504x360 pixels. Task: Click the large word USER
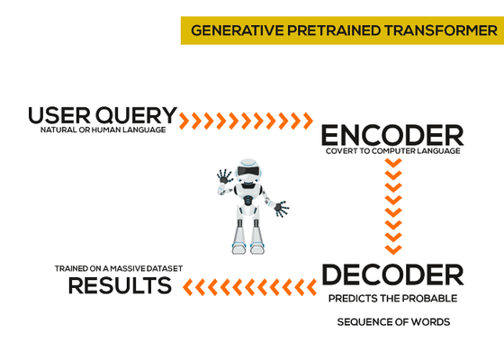(x=59, y=115)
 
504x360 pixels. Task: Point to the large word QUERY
(x=137, y=116)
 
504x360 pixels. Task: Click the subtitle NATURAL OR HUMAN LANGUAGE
(x=103, y=130)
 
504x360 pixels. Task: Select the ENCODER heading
(x=392, y=136)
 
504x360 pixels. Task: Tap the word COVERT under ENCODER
(x=342, y=151)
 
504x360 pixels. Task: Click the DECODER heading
(x=392, y=274)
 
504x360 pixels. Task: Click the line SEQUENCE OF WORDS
(x=393, y=322)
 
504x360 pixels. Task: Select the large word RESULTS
(x=120, y=285)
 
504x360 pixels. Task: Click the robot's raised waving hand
(x=225, y=176)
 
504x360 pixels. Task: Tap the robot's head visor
(x=248, y=171)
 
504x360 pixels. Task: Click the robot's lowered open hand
(x=281, y=209)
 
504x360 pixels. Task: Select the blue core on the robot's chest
(x=247, y=200)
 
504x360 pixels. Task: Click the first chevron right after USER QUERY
(x=184, y=121)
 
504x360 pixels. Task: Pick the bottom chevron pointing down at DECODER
(x=393, y=249)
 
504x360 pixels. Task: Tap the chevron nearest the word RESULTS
(x=188, y=287)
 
